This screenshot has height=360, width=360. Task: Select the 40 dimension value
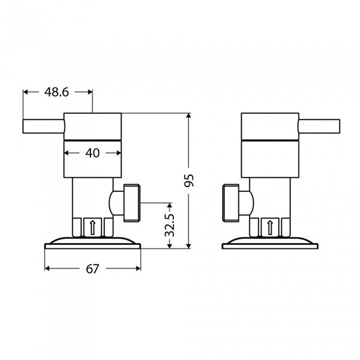click(x=92, y=153)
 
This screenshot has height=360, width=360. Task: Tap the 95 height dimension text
click(x=190, y=181)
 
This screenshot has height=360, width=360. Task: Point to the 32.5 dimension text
click(x=170, y=223)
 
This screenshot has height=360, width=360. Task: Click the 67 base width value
click(x=92, y=269)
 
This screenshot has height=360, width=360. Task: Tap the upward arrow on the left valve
click(x=92, y=227)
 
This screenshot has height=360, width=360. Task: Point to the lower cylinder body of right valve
click(x=269, y=160)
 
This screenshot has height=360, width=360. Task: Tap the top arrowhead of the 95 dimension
click(x=190, y=116)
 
